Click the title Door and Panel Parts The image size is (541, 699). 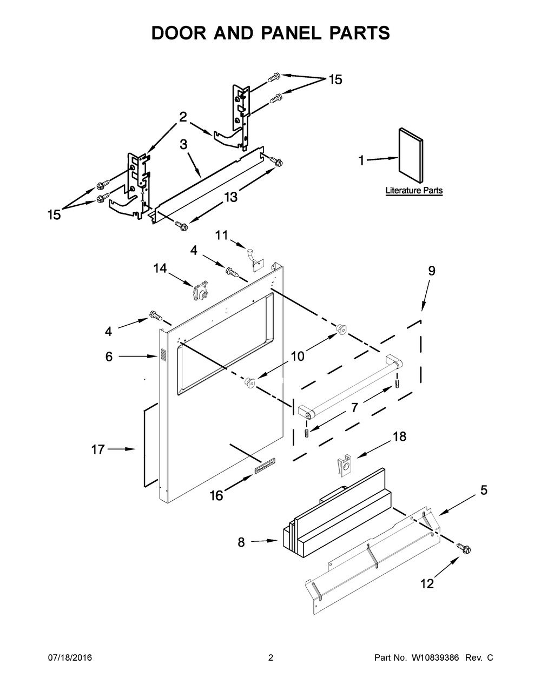270,33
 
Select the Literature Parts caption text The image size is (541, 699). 414,191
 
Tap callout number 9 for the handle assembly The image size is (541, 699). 431,271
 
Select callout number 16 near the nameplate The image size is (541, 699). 216,495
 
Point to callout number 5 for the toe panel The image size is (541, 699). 483,490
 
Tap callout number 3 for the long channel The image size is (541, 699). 183,144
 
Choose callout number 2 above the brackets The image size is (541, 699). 183,116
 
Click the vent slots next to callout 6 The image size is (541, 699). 162,355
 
